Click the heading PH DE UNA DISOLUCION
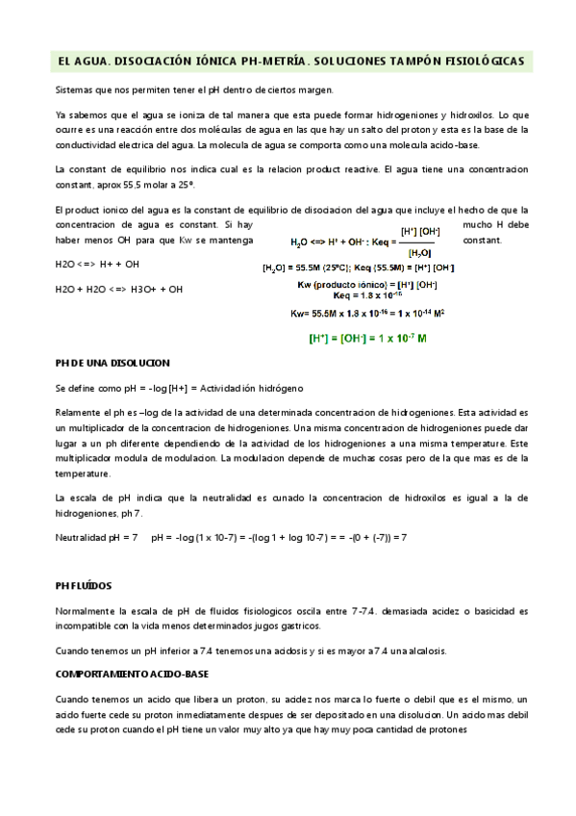point(113,363)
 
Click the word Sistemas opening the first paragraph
point(75,89)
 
